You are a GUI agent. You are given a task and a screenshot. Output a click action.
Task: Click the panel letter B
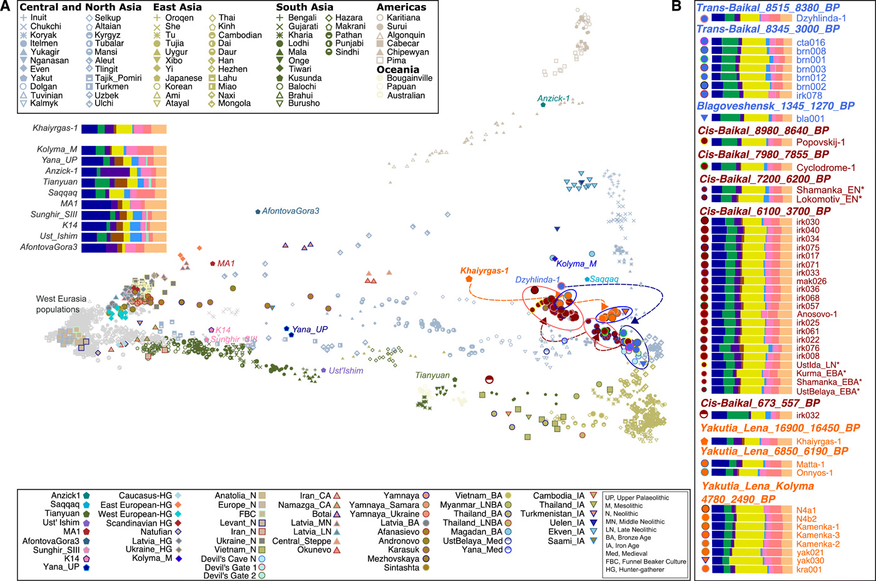(x=676, y=6)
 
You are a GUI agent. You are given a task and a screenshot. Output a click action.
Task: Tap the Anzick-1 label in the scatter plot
(x=553, y=98)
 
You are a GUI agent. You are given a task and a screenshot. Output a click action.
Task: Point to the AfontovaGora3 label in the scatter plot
(x=290, y=212)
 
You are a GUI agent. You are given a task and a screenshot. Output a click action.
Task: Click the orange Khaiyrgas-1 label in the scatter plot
(x=484, y=270)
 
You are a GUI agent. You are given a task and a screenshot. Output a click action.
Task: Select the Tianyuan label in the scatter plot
(x=432, y=376)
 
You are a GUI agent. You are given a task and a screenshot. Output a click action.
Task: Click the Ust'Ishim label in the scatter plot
(x=346, y=371)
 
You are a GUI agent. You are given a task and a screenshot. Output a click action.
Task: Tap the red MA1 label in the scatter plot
(x=226, y=264)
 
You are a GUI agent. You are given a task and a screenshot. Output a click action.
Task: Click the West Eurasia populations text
(x=61, y=304)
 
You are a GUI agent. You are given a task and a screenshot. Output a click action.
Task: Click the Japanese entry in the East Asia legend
(x=183, y=78)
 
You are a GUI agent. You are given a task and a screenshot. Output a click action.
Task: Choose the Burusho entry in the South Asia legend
(x=303, y=103)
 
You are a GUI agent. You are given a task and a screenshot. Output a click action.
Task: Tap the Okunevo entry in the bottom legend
(x=315, y=550)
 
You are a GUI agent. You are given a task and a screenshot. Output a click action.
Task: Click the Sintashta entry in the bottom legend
(x=401, y=568)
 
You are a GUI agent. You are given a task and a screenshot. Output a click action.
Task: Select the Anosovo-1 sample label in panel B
(x=816, y=314)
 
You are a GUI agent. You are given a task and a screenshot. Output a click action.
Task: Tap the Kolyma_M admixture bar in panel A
(x=124, y=150)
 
